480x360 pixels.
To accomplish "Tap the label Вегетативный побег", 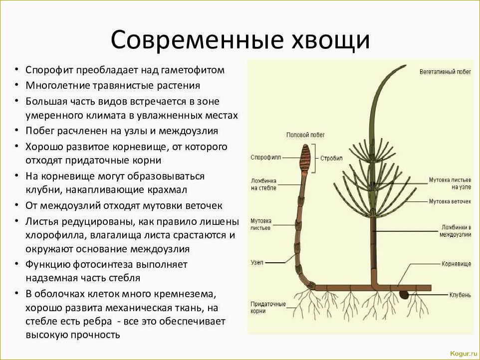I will click(x=445, y=72).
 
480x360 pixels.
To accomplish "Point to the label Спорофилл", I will click(x=266, y=157).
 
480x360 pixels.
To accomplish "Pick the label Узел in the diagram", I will click(x=256, y=262).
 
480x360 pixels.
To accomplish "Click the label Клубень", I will click(x=460, y=295).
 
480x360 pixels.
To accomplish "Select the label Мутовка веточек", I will click(x=450, y=201).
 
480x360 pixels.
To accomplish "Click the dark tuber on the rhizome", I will click(x=404, y=295).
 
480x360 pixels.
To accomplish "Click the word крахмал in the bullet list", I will click(x=169, y=190).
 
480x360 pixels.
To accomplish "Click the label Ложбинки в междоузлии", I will click(x=456, y=230).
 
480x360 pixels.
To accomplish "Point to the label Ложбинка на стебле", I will click(x=263, y=184).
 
